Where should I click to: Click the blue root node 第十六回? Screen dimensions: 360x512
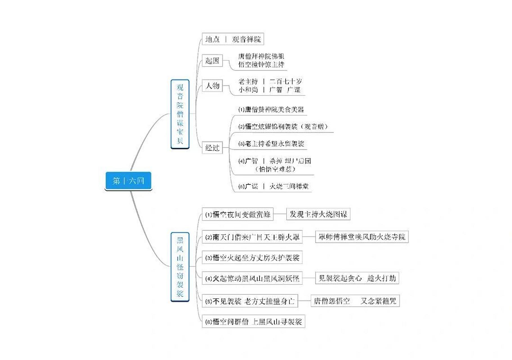128,181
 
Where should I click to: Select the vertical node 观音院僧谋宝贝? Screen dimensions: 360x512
180,114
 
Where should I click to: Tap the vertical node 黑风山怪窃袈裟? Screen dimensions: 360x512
180,267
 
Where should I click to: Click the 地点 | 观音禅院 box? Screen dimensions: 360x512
233,39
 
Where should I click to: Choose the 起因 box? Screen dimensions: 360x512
212,60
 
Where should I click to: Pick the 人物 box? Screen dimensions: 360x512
212,85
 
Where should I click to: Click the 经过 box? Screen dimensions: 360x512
212,148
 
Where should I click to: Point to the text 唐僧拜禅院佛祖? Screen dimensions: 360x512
261,56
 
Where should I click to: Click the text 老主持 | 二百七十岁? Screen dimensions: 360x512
270,82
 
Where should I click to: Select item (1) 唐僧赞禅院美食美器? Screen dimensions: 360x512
271,109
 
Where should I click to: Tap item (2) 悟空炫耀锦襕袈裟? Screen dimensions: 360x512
283,127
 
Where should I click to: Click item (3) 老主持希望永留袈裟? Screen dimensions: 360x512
271,144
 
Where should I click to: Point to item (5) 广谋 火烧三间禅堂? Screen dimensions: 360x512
273,186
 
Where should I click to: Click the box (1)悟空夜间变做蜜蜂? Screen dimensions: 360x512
238,215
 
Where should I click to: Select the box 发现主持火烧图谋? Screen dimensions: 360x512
318,214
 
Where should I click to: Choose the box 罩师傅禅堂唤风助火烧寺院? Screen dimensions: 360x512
362,237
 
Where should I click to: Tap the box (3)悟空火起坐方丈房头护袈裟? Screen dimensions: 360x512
252,258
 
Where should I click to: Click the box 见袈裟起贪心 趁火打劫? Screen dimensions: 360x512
357,278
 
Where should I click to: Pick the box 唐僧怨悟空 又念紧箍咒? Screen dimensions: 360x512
355,301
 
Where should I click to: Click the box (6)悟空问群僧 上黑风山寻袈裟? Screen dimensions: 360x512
253,321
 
